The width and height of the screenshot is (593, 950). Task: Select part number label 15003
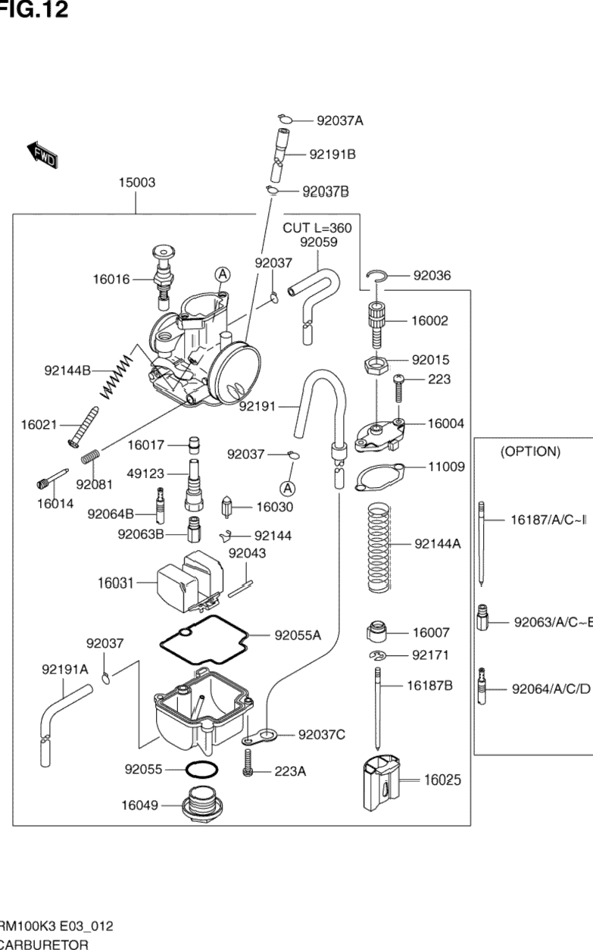coord(137,183)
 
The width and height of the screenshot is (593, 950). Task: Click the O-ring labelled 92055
coord(199,769)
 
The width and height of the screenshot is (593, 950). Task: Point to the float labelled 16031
coord(186,581)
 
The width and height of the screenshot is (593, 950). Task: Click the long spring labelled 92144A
coord(379,543)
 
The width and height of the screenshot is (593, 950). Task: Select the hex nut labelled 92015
coord(376,364)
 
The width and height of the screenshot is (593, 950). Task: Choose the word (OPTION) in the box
coord(530,452)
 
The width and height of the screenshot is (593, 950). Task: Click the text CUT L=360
coord(317,227)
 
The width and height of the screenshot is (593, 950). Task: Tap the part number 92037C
coord(322,733)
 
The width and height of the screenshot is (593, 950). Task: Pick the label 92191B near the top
coord(332,155)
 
